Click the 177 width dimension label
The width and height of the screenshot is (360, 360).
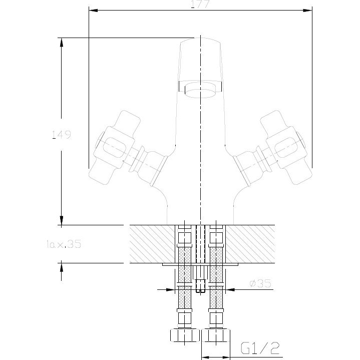(x=200, y=5)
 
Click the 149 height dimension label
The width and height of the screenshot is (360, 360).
(x=62, y=135)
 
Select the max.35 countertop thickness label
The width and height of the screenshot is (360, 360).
(x=63, y=244)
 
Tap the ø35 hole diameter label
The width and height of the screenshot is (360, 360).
(x=260, y=283)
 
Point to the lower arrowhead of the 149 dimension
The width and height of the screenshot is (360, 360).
(x=62, y=219)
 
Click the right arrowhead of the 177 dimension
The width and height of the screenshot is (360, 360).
(x=306, y=10)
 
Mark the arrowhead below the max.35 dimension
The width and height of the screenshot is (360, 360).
(x=62, y=267)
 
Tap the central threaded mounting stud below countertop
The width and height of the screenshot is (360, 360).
(x=200, y=280)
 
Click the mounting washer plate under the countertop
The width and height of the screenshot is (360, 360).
(x=200, y=264)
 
